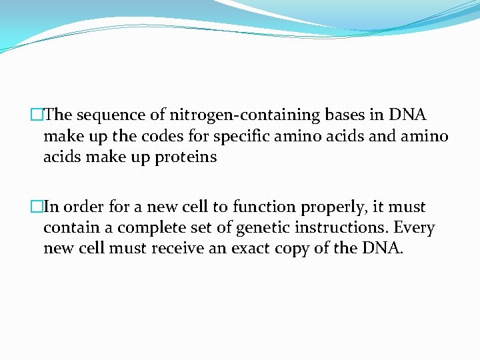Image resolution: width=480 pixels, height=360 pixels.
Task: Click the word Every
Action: point(414,229)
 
